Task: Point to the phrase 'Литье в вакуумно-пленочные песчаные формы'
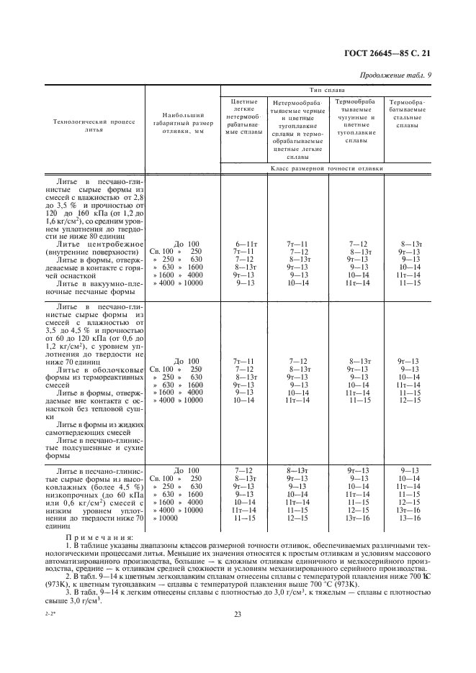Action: click(x=94, y=288)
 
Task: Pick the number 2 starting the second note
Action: click(x=87, y=577)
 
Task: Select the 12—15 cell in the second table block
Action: click(x=409, y=400)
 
